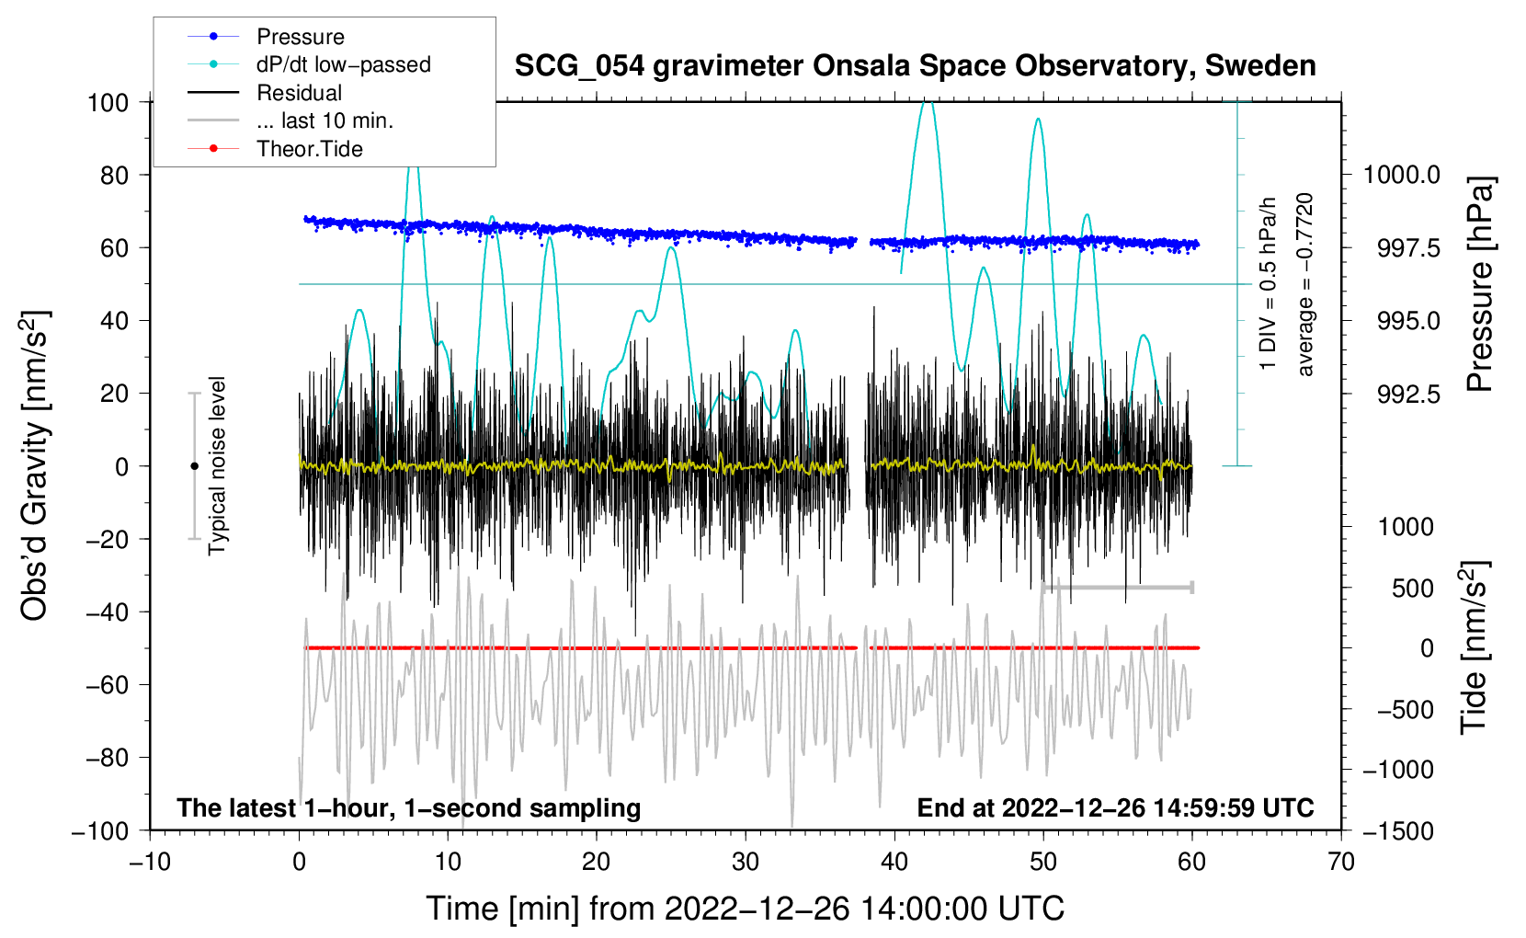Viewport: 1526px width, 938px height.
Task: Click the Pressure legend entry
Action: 300,37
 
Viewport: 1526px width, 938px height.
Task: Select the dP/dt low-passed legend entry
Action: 343,64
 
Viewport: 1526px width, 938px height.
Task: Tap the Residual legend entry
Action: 299,93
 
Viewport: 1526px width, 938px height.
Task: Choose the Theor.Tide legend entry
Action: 309,149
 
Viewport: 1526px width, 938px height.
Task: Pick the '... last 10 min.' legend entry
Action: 325,120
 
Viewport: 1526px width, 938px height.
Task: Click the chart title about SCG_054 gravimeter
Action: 915,66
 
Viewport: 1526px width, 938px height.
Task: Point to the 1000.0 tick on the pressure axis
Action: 1401,175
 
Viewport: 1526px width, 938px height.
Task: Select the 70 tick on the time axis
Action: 1341,862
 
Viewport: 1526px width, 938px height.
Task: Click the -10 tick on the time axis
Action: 150,862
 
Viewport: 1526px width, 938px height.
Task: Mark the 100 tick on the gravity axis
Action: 108,102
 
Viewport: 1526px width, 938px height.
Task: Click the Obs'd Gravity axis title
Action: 35,465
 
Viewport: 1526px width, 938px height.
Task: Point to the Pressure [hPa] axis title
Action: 1480,285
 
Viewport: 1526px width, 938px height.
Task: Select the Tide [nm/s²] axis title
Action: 1475,648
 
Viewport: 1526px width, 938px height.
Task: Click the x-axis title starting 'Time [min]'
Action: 745,909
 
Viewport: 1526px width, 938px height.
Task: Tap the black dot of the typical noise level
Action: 194,466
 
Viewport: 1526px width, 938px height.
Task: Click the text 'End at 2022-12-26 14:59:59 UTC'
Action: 1115,808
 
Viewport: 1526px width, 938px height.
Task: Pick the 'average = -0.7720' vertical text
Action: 1305,285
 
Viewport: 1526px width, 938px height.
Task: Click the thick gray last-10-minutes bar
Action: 1118,587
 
